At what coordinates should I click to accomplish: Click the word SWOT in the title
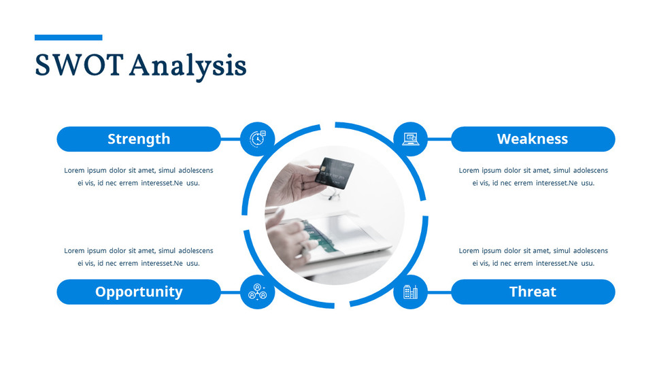pyautogui.click(x=78, y=66)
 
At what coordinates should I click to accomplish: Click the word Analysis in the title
pyautogui.click(x=188, y=67)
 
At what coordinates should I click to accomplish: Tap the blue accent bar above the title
pyautogui.click(x=68, y=37)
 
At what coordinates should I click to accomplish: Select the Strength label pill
pyautogui.click(x=139, y=139)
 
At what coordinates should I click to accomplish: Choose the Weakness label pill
pyautogui.click(x=533, y=139)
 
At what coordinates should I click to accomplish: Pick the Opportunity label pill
pyautogui.click(x=139, y=292)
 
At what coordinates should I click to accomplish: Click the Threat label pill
pyautogui.click(x=533, y=292)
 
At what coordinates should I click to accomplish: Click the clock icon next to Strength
pyautogui.click(x=258, y=139)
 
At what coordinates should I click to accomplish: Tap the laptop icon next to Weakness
pyautogui.click(x=411, y=139)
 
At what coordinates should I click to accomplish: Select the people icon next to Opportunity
pyautogui.click(x=258, y=292)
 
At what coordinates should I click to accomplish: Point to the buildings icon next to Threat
pyautogui.click(x=411, y=292)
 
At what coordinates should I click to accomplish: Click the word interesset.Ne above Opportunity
pyautogui.click(x=163, y=263)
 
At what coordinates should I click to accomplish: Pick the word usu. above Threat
pyautogui.click(x=588, y=263)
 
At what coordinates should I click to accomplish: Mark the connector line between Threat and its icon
pyautogui.click(x=439, y=292)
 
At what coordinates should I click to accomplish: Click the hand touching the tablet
pyautogui.click(x=289, y=238)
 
